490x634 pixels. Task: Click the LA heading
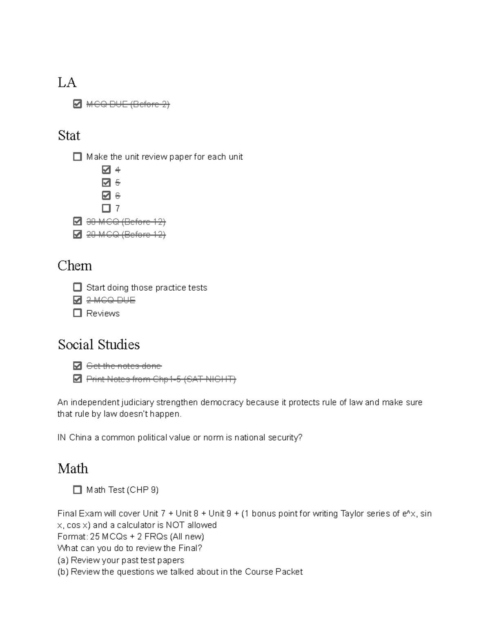point(67,82)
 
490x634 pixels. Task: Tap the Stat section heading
point(69,136)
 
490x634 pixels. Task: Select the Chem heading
point(74,266)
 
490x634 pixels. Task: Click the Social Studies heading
point(98,345)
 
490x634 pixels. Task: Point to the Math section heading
point(73,468)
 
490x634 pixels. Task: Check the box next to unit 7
point(106,208)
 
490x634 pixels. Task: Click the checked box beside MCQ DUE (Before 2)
point(77,104)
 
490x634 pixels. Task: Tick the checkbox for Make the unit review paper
point(77,156)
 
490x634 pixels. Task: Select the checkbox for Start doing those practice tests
point(77,287)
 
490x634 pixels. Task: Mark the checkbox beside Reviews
point(77,313)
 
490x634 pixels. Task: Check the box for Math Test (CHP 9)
point(77,489)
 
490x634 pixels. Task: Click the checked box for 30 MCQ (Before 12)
point(77,221)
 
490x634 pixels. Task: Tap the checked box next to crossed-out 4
point(106,169)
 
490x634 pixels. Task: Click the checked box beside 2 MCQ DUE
point(77,300)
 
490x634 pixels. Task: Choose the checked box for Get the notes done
point(77,366)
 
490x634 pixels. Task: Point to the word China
point(80,438)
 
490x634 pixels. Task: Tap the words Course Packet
point(274,572)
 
